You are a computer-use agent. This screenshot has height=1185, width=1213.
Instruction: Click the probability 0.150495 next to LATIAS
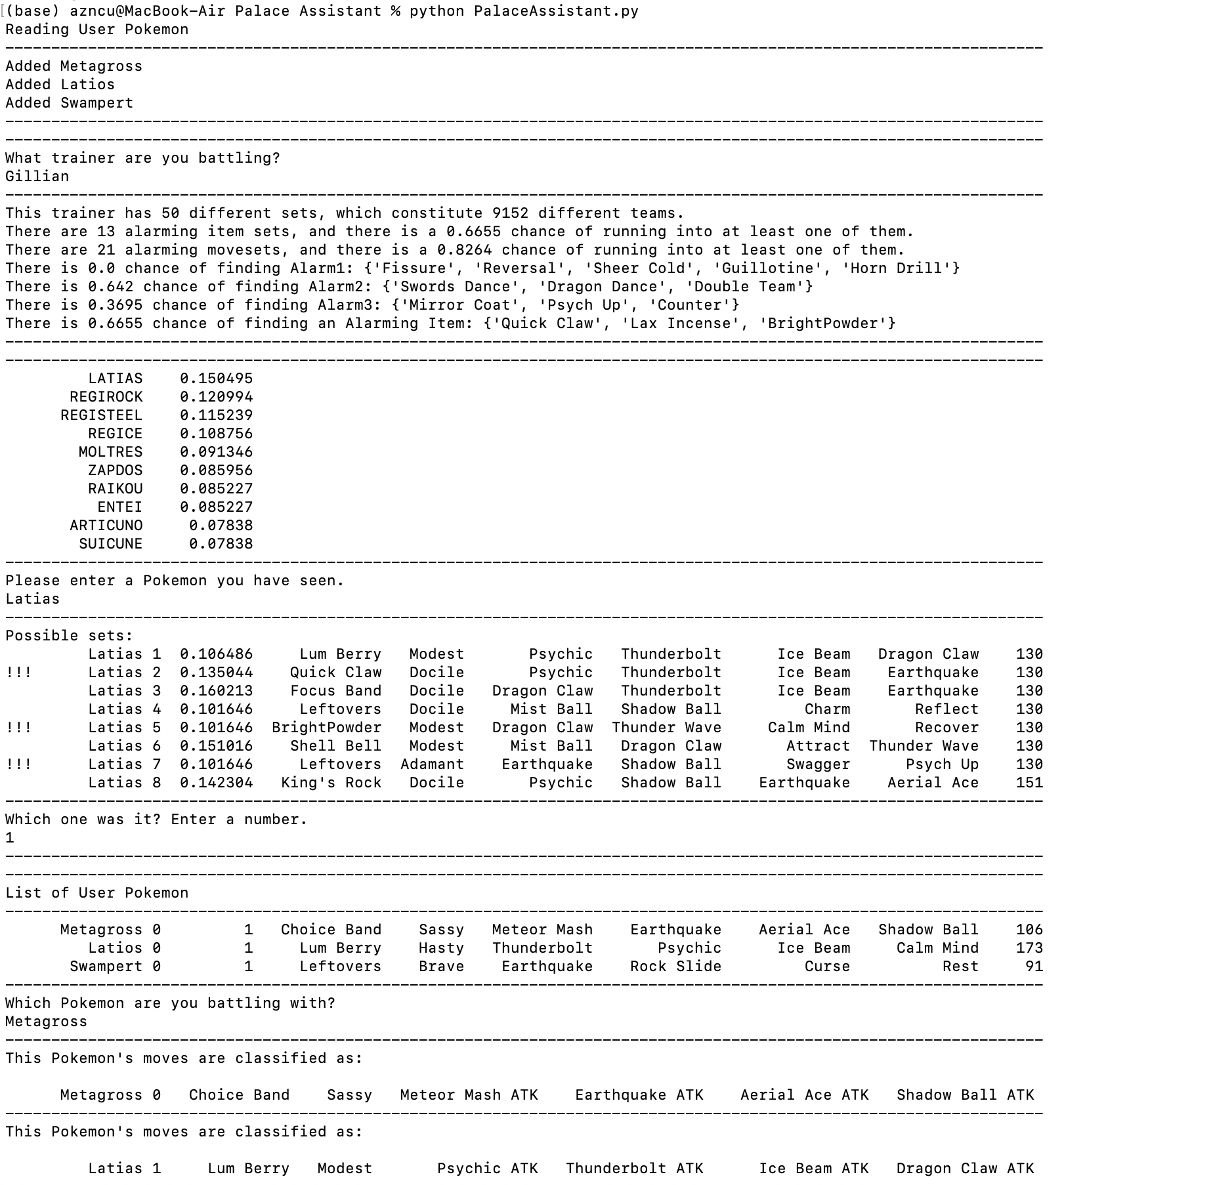click(x=216, y=379)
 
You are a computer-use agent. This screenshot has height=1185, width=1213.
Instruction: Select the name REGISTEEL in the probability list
click(x=101, y=415)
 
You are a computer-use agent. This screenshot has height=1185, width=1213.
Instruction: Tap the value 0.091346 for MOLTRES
click(x=216, y=452)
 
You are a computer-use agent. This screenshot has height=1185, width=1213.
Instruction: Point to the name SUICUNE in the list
click(x=110, y=544)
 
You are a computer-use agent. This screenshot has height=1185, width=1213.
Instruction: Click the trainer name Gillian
click(x=37, y=177)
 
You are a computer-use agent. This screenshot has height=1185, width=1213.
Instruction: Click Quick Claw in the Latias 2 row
click(x=335, y=673)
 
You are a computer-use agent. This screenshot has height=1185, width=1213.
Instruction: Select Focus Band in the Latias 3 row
click(x=335, y=691)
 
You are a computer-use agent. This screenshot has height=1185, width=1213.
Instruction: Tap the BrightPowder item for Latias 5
click(x=326, y=728)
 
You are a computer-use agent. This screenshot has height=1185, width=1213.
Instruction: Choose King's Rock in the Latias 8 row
click(x=331, y=783)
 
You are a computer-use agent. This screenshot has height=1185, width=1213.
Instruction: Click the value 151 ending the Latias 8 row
click(x=1029, y=783)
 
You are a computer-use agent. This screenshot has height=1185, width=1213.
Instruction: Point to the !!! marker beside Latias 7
click(x=18, y=764)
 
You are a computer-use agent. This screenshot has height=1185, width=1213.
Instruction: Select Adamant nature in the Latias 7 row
click(x=432, y=764)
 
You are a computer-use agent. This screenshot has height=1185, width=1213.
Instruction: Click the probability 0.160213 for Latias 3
click(x=216, y=691)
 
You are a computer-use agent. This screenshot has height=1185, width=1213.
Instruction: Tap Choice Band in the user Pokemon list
click(x=331, y=930)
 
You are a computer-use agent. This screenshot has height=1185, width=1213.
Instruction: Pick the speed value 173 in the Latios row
click(x=1029, y=948)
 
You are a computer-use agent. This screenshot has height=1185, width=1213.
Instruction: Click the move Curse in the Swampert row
click(x=827, y=967)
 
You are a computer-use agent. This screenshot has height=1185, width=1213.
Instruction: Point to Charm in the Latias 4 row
click(x=827, y=709)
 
